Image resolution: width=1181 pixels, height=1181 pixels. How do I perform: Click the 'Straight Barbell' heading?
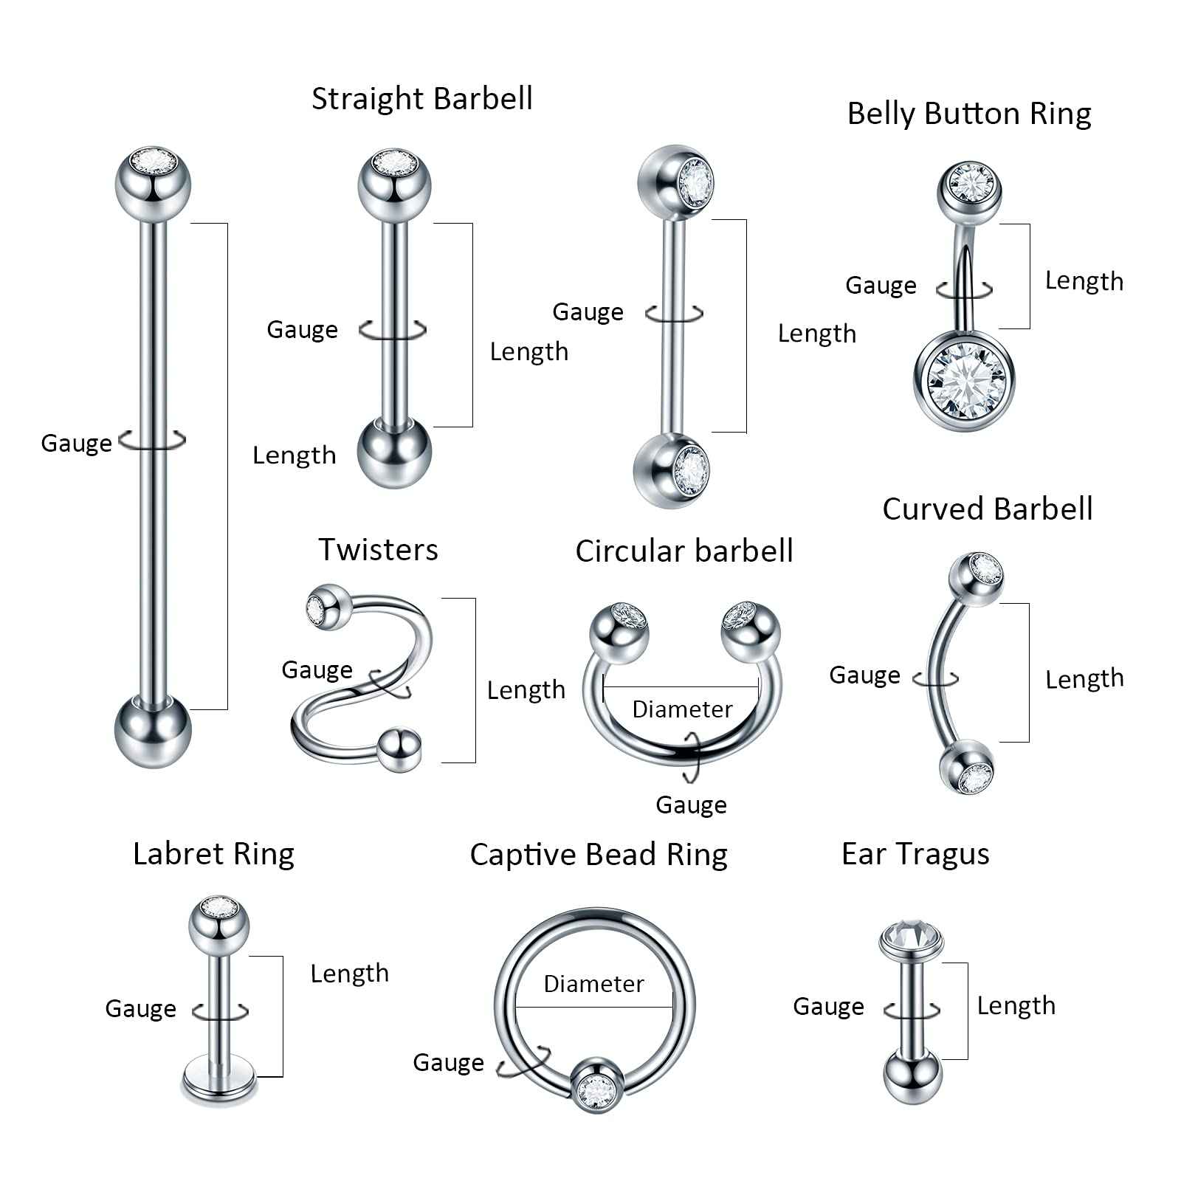pyautogui.click(x=421, y=99)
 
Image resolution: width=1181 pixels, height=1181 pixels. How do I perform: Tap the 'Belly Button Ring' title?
pyautogui.click(x=968, y=114)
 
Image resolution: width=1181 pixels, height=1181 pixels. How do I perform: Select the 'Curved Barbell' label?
pyautogui.click(x=987, y=509)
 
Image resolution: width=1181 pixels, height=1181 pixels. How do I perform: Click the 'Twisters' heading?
pyautogui.click(x=378, y=550)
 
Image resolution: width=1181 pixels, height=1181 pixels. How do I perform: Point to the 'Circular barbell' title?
pyautogui.click(x=684, y=551)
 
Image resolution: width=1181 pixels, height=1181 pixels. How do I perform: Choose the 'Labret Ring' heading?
pyautogui.click(x=213, y=854)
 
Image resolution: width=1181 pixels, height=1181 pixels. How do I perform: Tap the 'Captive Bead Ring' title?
pyautogui.click(x=598, y=855)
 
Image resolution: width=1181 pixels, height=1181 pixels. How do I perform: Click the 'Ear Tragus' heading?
pyautogui.click(x=915, y=854)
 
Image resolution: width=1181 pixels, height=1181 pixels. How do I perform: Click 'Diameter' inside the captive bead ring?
pyautogui.click(x=593, y=984)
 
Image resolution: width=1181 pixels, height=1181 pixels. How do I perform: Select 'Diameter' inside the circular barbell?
pyautogui.click(x=682, y=709)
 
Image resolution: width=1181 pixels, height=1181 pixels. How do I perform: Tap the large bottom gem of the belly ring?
pyautogui.click(x=965, y=382)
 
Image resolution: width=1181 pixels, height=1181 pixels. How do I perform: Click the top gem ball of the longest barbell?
pyautogui.click(x=153, y=182)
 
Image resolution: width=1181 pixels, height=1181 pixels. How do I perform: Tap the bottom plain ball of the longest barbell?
pyautogui.click(x=153, y=731)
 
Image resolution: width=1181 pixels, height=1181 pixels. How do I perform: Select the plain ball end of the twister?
pyautogui.click(x=399, y=750)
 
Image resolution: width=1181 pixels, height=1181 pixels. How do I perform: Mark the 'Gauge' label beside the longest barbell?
pyautogui.click(x=76, y=444)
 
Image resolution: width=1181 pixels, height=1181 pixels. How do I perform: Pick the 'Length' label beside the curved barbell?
pyautogui.click(x=1084, y=679)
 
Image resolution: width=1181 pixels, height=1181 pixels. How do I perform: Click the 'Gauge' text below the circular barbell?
pyautogui.click(x=691, y=805)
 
